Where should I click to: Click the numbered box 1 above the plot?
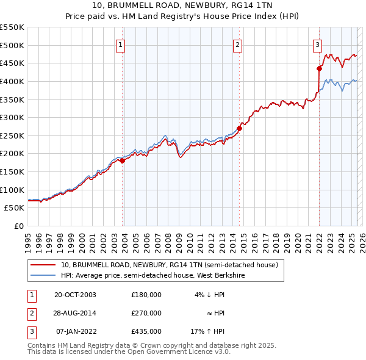[x=121, y=44]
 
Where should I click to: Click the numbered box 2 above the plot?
[x=237, y=44]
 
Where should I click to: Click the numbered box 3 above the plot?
[x=317, y=44]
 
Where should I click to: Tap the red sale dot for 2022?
[x=319, y=68]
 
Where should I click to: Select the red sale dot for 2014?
[x=239, y=128]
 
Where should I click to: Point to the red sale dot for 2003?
[x=123, y=160]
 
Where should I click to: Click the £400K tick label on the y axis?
[x=12, y=81]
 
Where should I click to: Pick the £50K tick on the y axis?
[x=15, y=208]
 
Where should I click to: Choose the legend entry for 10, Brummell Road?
[x=169, y=265]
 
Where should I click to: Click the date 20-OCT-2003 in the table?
[x=75, y=294]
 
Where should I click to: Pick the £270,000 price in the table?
[x=146, y=313]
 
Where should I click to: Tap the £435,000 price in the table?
[x=146, y=332]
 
